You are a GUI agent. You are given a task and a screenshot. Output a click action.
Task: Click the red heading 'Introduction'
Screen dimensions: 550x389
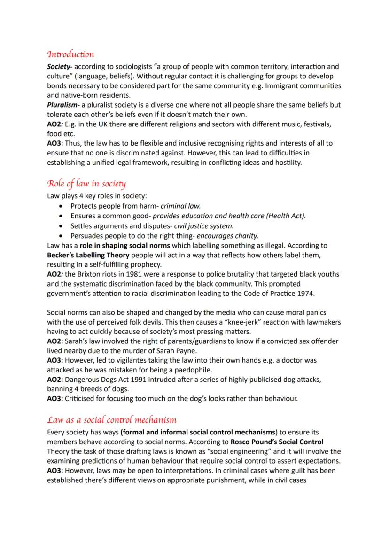[70, 54]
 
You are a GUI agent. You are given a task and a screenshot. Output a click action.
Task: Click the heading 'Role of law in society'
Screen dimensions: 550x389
[86, 183]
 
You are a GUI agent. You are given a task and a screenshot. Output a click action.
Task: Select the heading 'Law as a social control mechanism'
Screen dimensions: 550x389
[111, 419]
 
